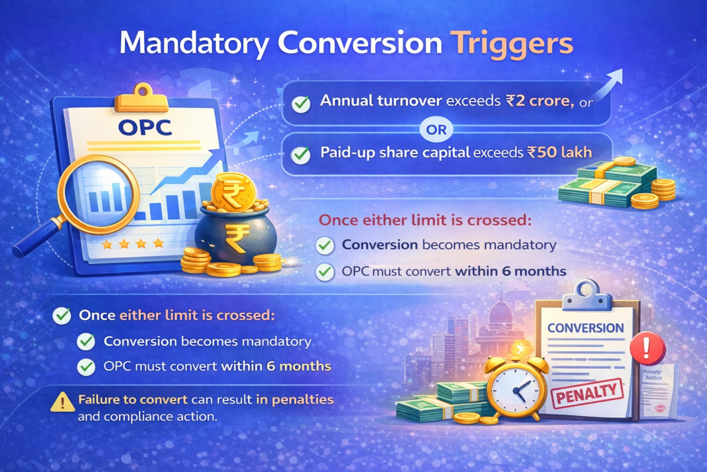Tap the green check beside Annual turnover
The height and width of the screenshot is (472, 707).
(x=300, y=104)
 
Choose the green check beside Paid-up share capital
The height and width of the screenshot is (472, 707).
(x=300, y=154)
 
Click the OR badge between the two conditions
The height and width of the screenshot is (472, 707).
(x=438, y=129)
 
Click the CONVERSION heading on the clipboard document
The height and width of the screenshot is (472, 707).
(x=585, y=327)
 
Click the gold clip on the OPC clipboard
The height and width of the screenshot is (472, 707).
(x=141, y=98)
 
